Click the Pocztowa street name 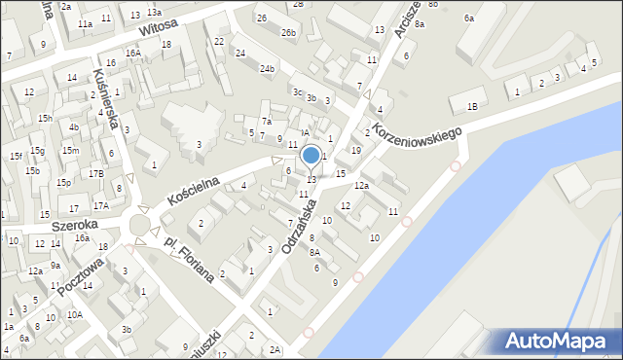click(80, 276)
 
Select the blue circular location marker click(311, 155)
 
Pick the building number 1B click(473, 107)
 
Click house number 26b click(288, 33)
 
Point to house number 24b click(267, 69)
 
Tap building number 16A click(132, 53)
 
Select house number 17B click(96, 174)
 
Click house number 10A click(74, 314)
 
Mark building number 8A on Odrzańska click(314, 252)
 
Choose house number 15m click(70, 151)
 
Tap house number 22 click(220, 41)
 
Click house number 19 click(356, 150)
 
